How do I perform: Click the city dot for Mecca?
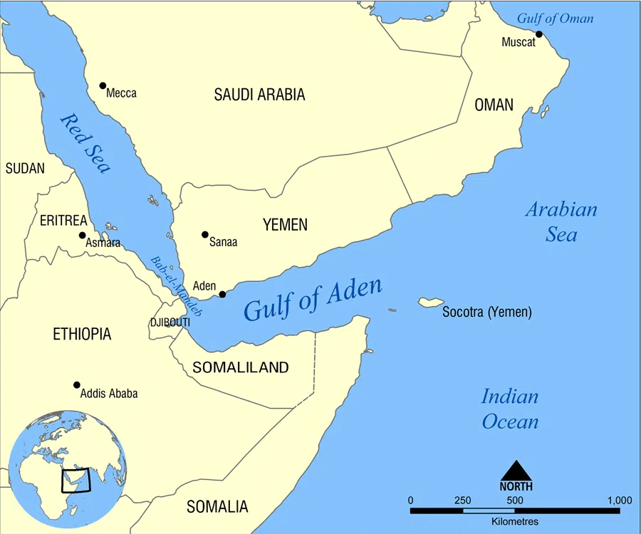(x=103, y=85)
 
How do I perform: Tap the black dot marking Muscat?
(x=539, y=34)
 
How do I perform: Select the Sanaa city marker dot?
(x=205, y=234)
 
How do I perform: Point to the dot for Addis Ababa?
(x=77, y=385)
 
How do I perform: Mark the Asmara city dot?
(x=83, y=235)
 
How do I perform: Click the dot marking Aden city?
(x=222, y=294)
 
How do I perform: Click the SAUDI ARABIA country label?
(x=259, y=95)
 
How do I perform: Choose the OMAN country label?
(x=494, y=105)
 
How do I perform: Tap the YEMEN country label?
(x=285, y=225)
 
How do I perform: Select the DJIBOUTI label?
(x=170, y=323)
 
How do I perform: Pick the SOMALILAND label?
(x=241, y=367)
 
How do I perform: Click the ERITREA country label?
(x=63, y=220)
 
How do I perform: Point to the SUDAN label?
(x=25, y=169)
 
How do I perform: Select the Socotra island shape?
(x=431, y=303)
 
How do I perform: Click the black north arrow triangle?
(x=517, y=471)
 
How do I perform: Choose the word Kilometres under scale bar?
(x=515, y=522)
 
